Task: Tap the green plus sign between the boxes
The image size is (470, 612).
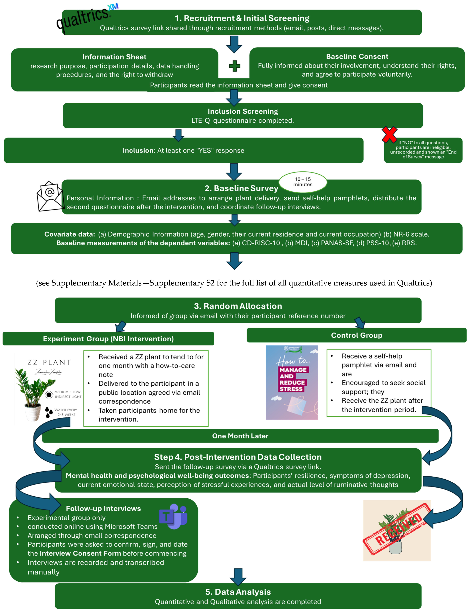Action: (x=234, y=66)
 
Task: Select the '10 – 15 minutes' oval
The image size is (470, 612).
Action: (x=303, y=182)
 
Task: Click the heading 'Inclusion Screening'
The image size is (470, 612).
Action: (x=243, y=111)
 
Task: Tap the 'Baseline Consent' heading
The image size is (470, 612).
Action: (x=357, y=56)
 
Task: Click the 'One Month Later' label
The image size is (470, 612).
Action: (x=240, y=436)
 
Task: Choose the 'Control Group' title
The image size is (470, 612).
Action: (x=356, y=335)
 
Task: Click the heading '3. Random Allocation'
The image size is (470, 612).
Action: (x=238, y=306)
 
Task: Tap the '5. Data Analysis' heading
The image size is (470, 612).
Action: (x=238, y=592)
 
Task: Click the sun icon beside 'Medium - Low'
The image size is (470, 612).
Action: (x=49, y=395)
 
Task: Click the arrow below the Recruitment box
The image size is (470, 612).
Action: (x=234, y=44)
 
